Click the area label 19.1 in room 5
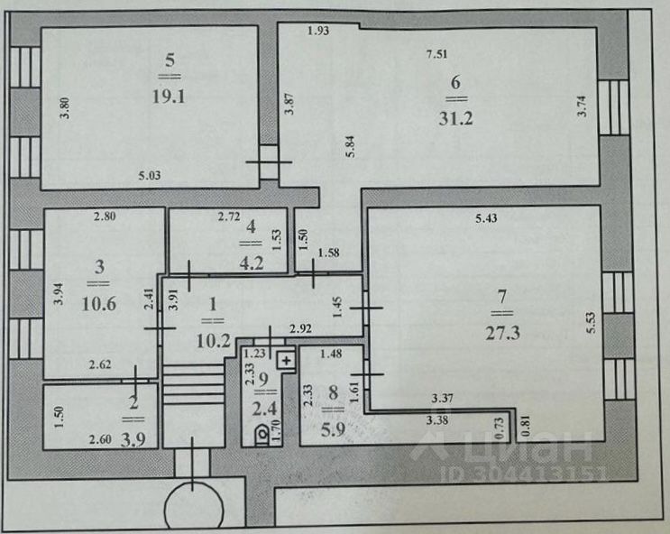point(171,94)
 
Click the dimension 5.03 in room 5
point(150,177)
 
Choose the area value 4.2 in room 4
point(250,265)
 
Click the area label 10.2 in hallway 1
point(213,341)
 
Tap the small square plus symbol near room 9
point(287,360)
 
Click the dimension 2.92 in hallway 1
point(299,328)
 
